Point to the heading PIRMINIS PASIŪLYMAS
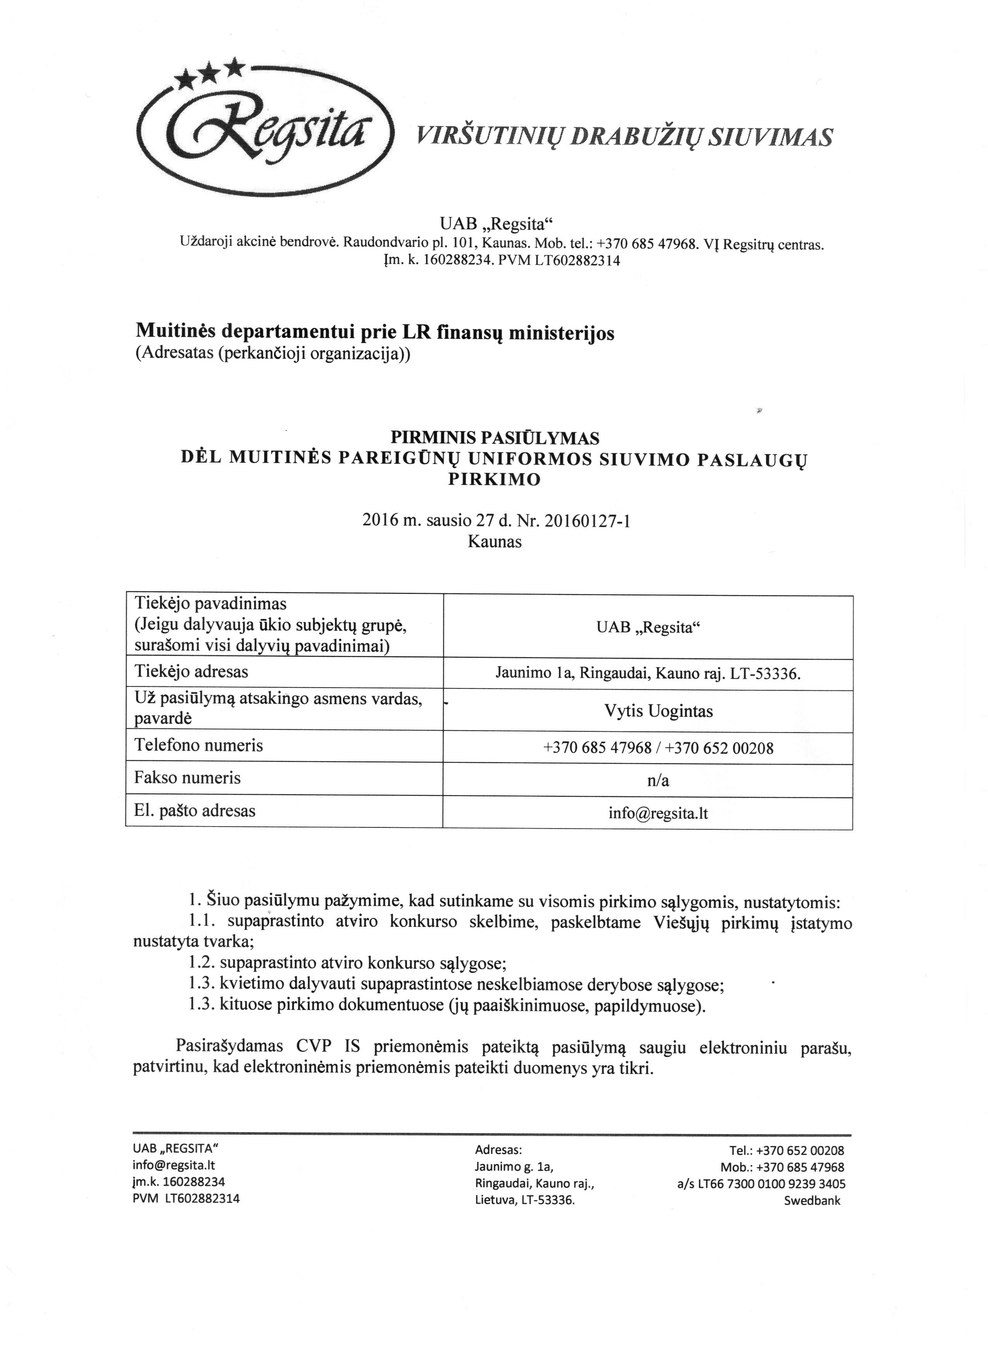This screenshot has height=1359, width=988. [x=494, y=438]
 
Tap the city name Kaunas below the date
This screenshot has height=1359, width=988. [x=494, y=542]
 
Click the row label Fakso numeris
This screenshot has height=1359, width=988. [x=187, y=778]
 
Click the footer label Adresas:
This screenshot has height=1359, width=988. [x=499, y=1150]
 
